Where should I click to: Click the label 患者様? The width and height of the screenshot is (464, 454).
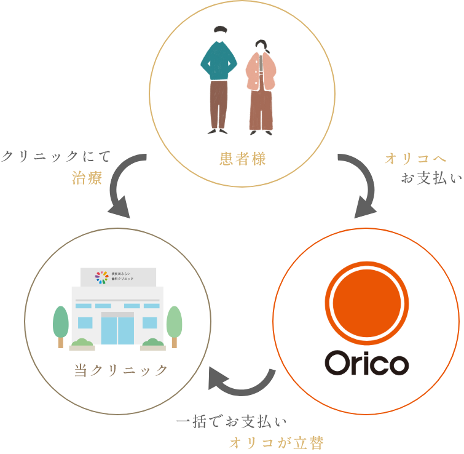click(x=242, y=159)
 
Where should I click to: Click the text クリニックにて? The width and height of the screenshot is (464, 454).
click(x=56, y=157)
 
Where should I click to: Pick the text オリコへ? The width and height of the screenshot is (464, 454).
click(x=415, y=159)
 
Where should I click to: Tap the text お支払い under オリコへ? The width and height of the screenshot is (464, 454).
click(x=431, y=179)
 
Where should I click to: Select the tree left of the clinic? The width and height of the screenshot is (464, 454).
click(x=61, y=325)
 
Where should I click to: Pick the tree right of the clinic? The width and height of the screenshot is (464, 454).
click(x=175, y=325)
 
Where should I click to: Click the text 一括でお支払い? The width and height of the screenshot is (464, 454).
click(x=232, y=422)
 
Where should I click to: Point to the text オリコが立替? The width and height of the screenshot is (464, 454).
click(x=276, y=442)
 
